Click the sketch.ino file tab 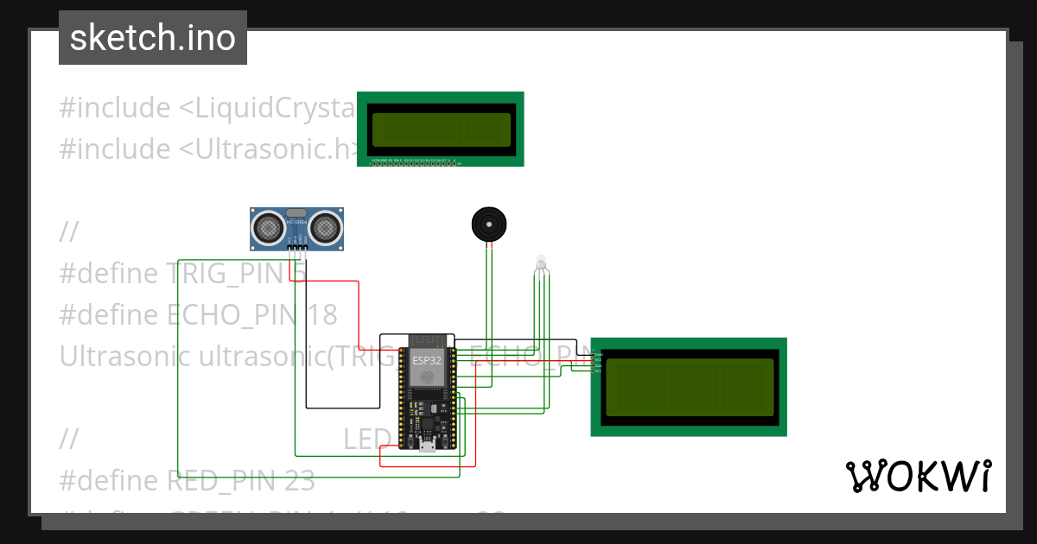coord(153,38)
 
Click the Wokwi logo coord(918,476)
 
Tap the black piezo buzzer coord(488,225)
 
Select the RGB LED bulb coord(541,263)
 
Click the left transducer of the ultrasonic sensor coord(268,228)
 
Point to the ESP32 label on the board coord(427,360)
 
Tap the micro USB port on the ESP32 coord(427,446)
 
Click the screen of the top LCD coord(441,129)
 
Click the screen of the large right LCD coord(690,386)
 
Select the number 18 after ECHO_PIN coord(322,314)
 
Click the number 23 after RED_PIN coord(300,480)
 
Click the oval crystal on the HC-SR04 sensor coord(296,212)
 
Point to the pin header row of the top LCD coord(415,162)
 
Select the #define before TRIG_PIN coord(109,273)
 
